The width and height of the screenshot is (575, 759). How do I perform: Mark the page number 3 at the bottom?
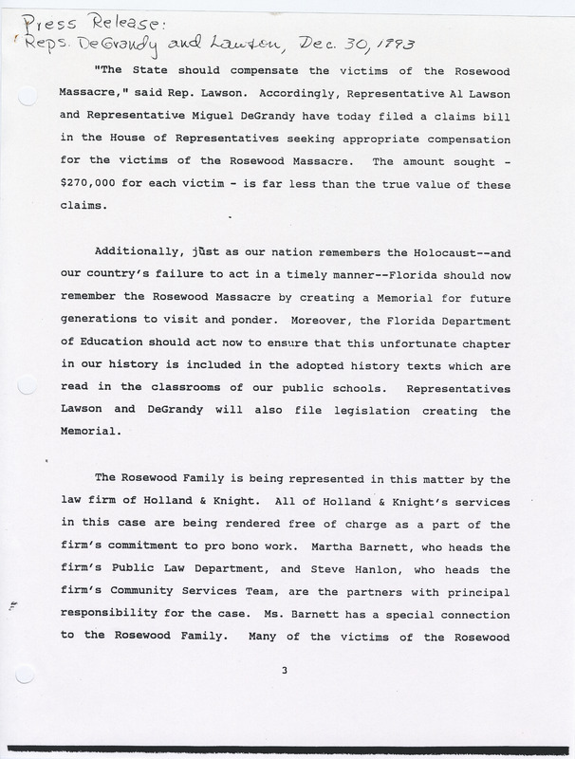pos(284,672)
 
